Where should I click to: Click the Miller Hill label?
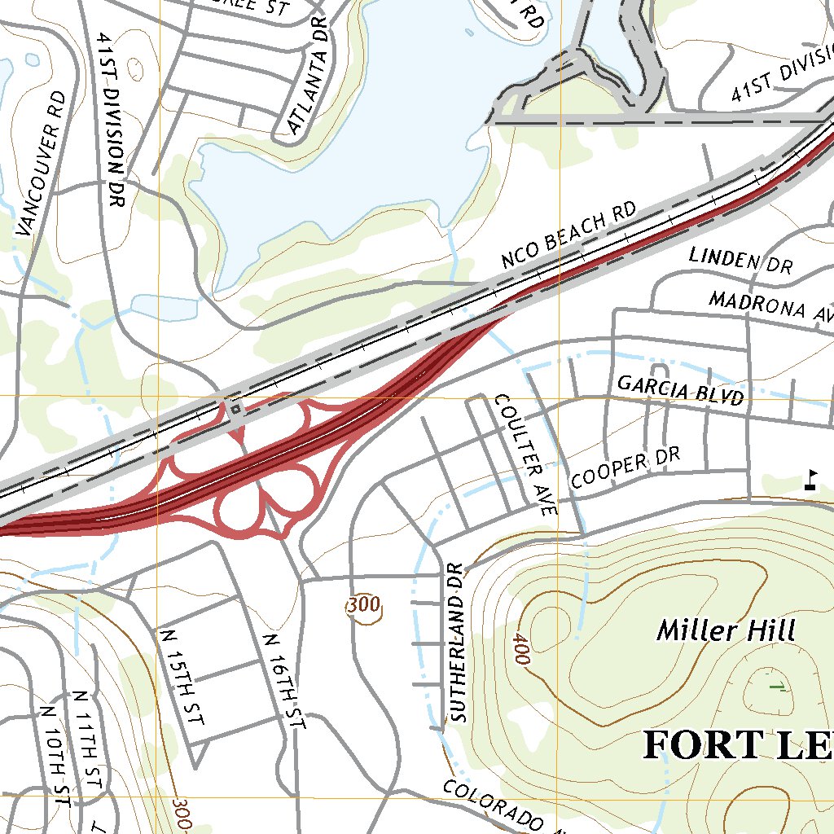[x=726, y=630]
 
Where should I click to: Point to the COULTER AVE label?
[x=525, y=454]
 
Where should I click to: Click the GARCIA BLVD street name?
[x=680, y=389]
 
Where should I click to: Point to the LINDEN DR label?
[x=740, y=261]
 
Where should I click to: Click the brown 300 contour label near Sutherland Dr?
[x=362, y=605]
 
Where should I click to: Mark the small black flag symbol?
[x=810, y=479]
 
